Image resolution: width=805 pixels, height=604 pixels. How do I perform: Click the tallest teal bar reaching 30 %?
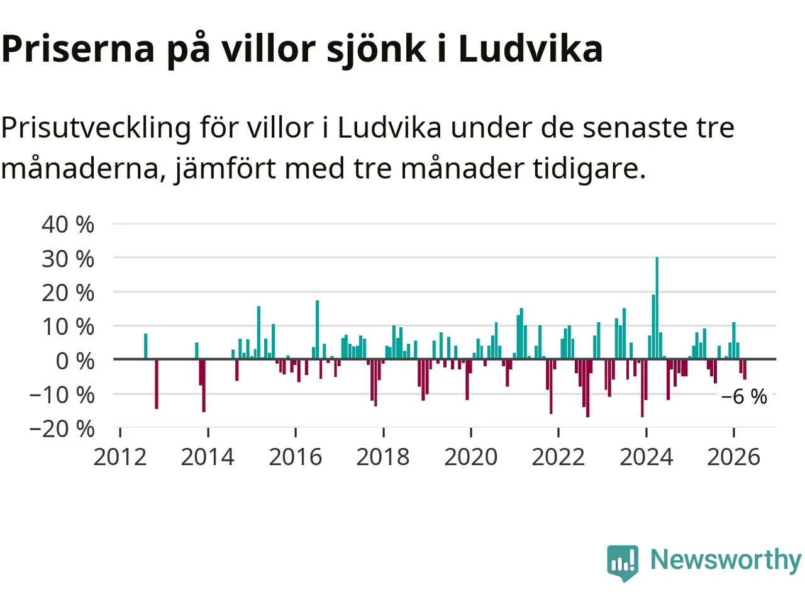(657, 308)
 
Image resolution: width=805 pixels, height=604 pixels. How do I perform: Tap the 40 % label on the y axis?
(68, 224)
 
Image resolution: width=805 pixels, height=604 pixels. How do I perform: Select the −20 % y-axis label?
(62, 428)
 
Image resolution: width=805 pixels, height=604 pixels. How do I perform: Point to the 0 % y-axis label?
(75, 361)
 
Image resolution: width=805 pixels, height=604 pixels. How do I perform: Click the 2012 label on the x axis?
(120, 457)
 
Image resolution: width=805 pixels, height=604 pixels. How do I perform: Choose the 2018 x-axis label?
(383, 457)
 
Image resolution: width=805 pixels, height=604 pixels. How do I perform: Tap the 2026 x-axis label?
(733, 457)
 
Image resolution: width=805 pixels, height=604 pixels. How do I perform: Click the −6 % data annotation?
(744, 397)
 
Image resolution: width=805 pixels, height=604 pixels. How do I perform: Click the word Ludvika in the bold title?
(530, 48)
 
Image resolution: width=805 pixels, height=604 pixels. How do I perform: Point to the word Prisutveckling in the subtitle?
(96, 128)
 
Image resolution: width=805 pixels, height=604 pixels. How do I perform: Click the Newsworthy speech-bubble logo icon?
(623, 563)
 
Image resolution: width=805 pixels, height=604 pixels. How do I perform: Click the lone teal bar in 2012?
(146, 346)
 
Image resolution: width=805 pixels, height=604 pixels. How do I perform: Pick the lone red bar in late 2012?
(157, 384)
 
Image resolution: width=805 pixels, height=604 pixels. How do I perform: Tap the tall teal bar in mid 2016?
(317, 330)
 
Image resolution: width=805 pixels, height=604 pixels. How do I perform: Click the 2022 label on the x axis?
(558, 457)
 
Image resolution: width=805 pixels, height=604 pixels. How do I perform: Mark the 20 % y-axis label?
(68, 293)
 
